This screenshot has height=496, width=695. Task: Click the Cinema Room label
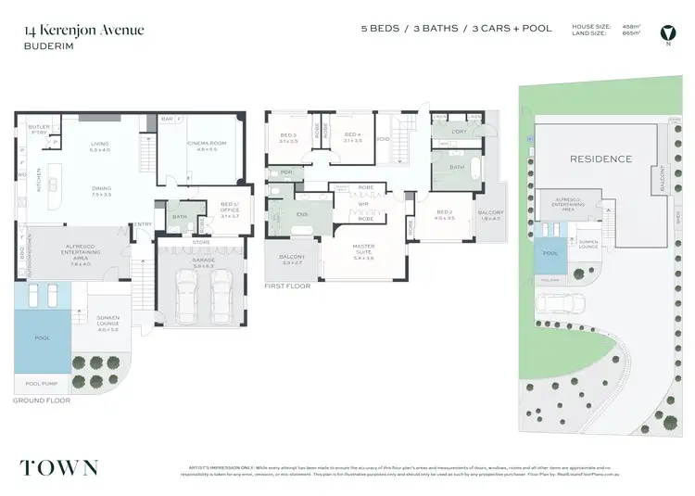(200, 146)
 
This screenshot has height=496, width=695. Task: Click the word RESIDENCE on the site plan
(600, 159)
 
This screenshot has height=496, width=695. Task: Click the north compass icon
(666, 33)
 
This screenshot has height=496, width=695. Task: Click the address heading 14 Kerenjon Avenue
(84, 30)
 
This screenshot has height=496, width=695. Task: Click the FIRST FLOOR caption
(287, 286)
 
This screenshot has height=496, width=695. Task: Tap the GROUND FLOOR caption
(42, 401)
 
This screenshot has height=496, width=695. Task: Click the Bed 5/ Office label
(230, 208)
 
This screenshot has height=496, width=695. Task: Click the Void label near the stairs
(383, 140)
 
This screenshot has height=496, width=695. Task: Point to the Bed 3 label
(287, 138)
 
